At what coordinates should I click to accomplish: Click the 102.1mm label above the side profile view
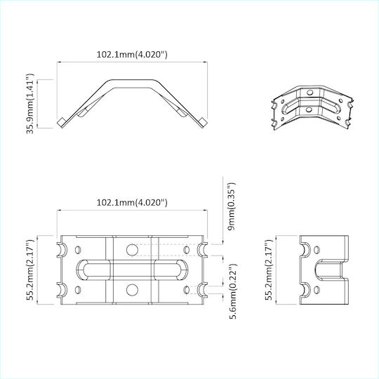coord(132,54)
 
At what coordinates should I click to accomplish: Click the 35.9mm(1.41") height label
coord(30,103)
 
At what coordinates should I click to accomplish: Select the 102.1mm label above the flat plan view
coord(132,202)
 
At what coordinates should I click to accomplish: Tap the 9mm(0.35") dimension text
coord(232,206)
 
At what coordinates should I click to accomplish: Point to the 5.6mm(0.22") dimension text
coord(233,291)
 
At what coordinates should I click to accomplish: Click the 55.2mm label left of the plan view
coord(30,270)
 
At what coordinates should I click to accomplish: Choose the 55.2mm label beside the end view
coord(269,270)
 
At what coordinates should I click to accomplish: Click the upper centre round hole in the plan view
coord(132,250)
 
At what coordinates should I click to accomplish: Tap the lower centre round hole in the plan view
coord(132,290)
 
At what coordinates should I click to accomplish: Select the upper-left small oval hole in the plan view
coord(78,250)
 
